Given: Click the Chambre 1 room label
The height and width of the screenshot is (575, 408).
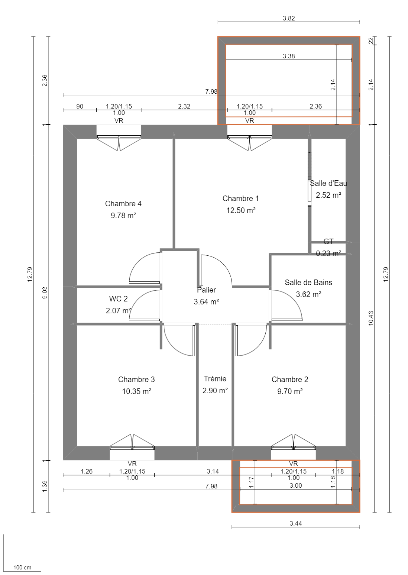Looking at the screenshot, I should click(x=240, y=198).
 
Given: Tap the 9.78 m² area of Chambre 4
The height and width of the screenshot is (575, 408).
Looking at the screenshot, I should click(x=123, y=216).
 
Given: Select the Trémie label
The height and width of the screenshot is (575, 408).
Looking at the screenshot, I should click(x=215, y=379).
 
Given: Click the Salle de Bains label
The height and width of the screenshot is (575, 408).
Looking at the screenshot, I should click(x=308, y=282).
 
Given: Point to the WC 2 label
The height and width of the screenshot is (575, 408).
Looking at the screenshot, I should click(x=118, y=299).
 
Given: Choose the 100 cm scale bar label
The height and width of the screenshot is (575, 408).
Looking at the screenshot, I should click(x=22, y=568).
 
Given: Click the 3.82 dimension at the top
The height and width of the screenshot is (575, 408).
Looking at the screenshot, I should click(x=289, y=18).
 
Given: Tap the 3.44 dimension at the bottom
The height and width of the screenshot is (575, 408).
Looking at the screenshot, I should click(x=296, y=523).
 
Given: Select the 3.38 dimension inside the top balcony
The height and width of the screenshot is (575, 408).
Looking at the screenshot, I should click(x=289, y=56).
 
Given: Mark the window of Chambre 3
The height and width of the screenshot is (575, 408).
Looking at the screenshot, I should click(x=132, y=448).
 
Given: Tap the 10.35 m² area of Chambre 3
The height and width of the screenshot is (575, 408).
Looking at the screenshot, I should click(x=136, y=391).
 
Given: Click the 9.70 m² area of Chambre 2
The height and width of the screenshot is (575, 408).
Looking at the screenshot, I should click(x=290, y=391).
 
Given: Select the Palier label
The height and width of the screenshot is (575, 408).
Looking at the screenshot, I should click(x=207, y=290).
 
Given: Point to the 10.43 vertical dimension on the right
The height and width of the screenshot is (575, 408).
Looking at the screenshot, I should click(x=371, y=318).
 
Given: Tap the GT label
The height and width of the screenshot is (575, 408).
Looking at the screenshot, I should click(x=328, y=242).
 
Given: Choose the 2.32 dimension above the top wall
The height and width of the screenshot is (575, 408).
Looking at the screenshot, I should click(x=184, y=106).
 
